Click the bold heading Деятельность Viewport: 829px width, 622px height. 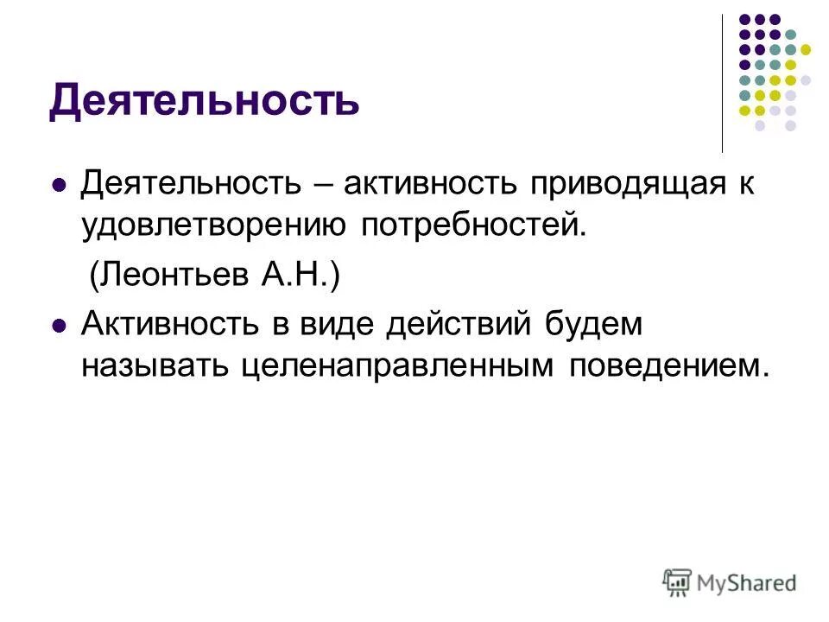tap(204, 100)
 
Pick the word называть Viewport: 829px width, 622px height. tap(153, 367)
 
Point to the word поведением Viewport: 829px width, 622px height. tap(668, 367)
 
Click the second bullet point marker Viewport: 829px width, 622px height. tap(60, 326)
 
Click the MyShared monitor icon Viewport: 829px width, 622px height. tap(677, 581)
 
